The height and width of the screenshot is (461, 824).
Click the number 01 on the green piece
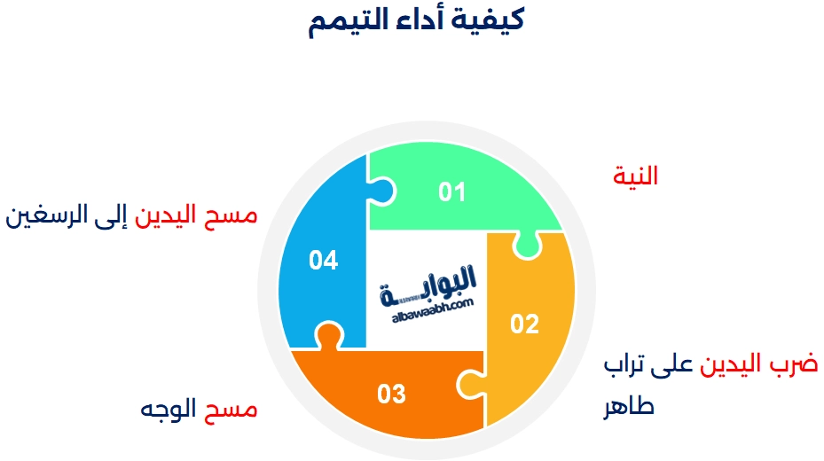(x=451, y=191)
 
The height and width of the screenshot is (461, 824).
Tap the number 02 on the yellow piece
(x=524, y=324)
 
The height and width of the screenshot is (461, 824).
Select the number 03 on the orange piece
(x=391, y=394)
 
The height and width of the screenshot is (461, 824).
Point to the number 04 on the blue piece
(x=323, y=261)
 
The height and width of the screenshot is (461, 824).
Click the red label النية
(x=635, y=176)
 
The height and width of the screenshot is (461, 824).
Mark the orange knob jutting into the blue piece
(x=328, y=336)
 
